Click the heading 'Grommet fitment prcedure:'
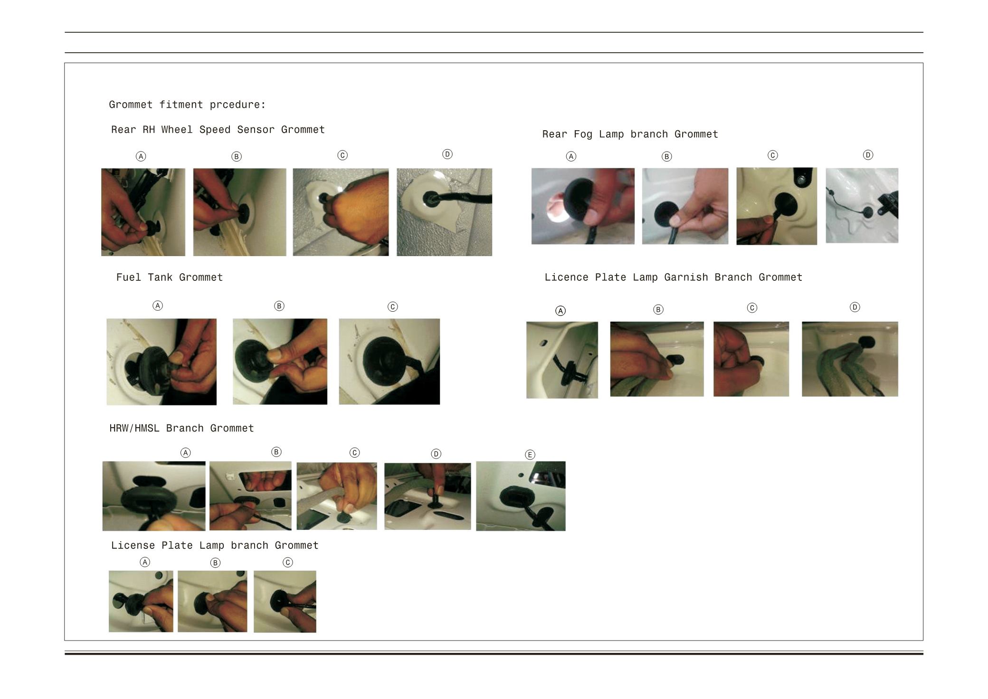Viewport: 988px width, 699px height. (x=187, y=105)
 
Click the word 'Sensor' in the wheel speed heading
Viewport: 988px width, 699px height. (x=256, y=130)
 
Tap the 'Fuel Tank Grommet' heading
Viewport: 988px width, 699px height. (x=170, y=278)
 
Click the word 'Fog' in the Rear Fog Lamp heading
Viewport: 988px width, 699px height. (x=583, y=134)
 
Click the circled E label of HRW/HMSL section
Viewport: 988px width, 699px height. (x=530, y=455)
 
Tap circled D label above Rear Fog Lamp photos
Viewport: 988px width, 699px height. (x=868, y=155)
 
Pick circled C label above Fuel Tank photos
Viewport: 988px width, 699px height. (x=392, y=306)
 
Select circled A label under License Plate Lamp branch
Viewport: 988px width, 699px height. (x=145, y=562)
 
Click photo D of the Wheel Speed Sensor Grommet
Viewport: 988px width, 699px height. (x=444, y=212)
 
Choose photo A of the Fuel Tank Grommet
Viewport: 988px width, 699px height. (x=161, y=362)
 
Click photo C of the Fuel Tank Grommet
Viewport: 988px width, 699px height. (x=389, y=362)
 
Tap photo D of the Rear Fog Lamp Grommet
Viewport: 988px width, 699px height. (x=862, y=205)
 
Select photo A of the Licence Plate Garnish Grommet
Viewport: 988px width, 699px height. (x=562, y=360)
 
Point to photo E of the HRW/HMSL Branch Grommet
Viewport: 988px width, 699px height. (x=521, y=496)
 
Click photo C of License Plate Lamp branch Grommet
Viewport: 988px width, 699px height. (x=285, y=602)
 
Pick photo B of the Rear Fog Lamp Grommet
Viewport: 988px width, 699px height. (x=685, y=206)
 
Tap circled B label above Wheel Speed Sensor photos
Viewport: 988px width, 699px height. (x=236, y=156)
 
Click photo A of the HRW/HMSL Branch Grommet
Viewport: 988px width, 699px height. (x=154, y=496)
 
